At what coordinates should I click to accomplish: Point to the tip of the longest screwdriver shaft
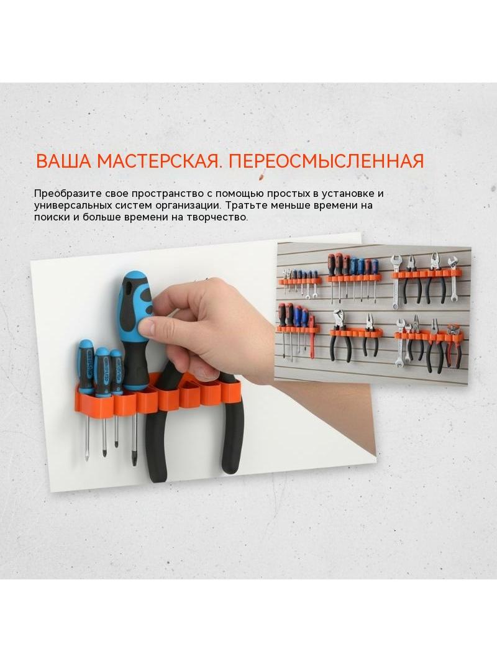(x=134, y=464)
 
